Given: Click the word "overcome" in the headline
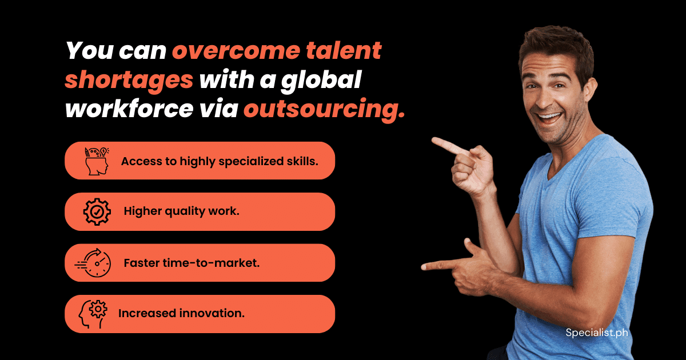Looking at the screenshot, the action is tap(236, 50).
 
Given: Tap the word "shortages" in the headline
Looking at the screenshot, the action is tap(129, 80).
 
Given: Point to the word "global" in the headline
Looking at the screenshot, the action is tap(321, 80).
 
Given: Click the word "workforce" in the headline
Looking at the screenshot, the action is tap(129, 109).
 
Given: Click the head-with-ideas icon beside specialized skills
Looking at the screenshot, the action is tap(97, 161).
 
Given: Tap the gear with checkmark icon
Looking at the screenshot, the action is tap(97, 211).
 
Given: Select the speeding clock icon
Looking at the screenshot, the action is tap(93, 263).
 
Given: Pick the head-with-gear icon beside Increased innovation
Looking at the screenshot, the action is tap(93, 314).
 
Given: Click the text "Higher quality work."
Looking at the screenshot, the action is tap(182, 211).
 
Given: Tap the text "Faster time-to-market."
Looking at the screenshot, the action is tap(192, 263).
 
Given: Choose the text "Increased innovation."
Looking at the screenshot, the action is tap(181, 314).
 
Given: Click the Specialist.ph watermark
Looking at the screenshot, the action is tap(597, 333).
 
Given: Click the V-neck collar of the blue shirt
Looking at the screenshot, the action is tap(564, 165).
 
